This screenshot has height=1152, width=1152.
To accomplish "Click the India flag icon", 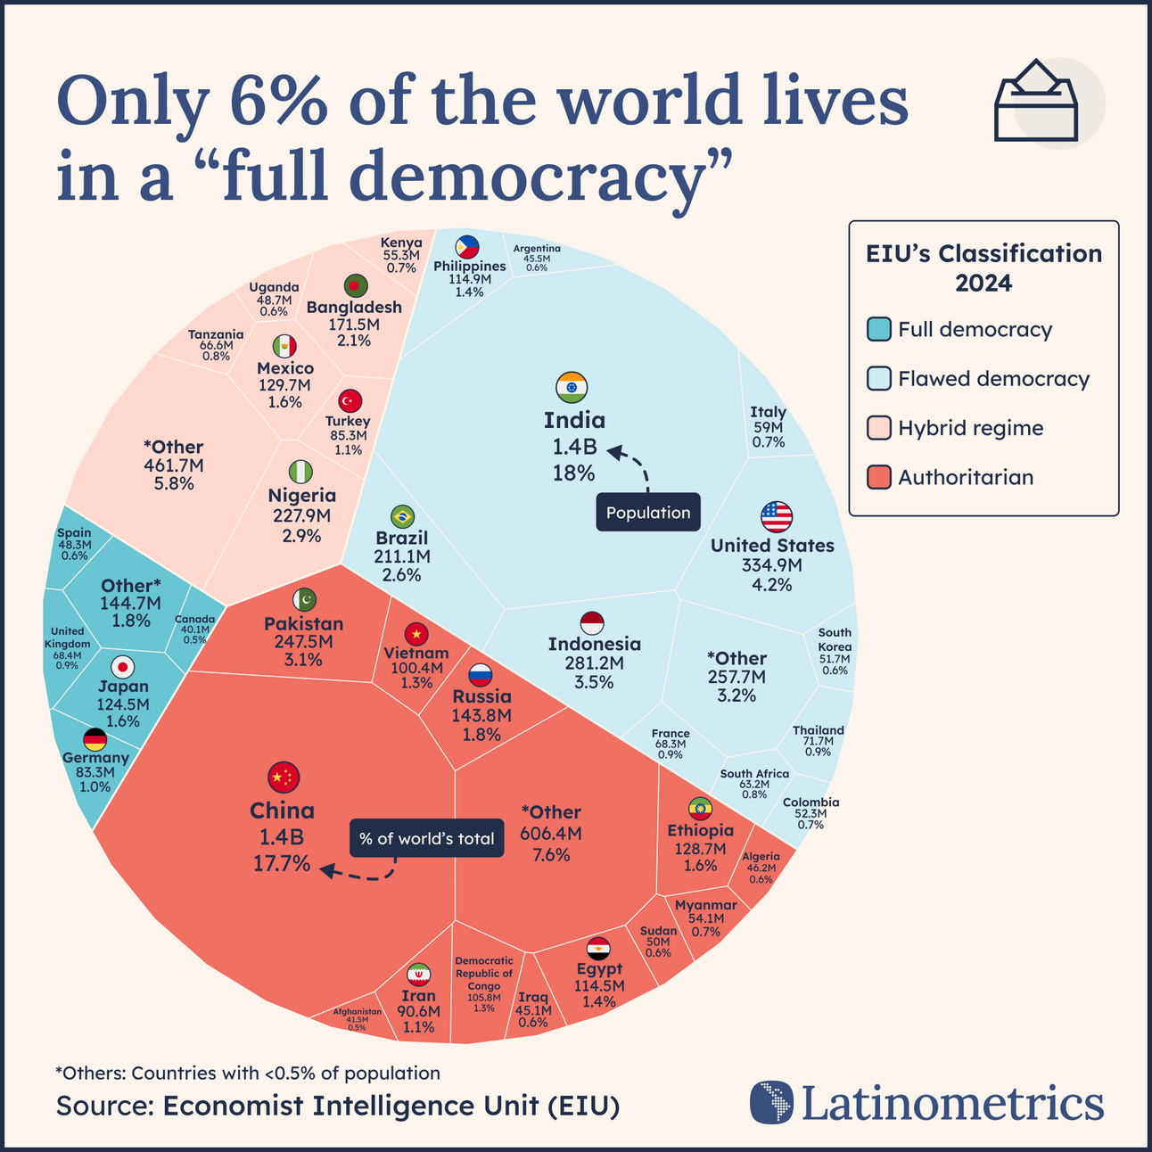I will click(x=572, y=387).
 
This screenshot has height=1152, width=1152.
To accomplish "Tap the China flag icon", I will click(x=284, y=778).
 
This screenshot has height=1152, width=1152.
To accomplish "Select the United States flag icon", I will click(x=776, y=516).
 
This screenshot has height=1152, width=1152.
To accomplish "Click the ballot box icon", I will click(x=1035, y=102).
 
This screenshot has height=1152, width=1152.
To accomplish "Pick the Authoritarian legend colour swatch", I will click(x=879, y=477).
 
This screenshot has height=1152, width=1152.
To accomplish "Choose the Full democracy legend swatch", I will click(x=879, y=329).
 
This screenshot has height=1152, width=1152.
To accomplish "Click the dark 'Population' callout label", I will click(x=648, y=513).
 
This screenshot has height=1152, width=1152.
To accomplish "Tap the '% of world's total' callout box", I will click(x=426, y=838).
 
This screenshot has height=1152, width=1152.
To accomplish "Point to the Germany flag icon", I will click(x=95, y=739).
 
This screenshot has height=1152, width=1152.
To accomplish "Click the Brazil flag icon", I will click(x=402, y=516).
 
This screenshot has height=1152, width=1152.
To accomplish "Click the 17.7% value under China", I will click(x=283, y=863).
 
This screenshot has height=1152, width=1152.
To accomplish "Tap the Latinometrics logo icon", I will click(x=770, y=1102).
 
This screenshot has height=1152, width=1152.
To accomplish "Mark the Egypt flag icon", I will click(x=598, y=948).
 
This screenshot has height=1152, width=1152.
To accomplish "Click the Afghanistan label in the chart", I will click(x=357, y=1011).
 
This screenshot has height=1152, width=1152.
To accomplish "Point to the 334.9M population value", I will click(x=772, y=565).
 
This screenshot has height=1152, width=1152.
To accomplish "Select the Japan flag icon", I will click(x=123, y=666).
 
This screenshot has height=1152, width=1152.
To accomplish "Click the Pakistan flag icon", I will click(x=304, y=600).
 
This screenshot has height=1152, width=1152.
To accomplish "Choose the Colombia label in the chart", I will click(x=811, y=802).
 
